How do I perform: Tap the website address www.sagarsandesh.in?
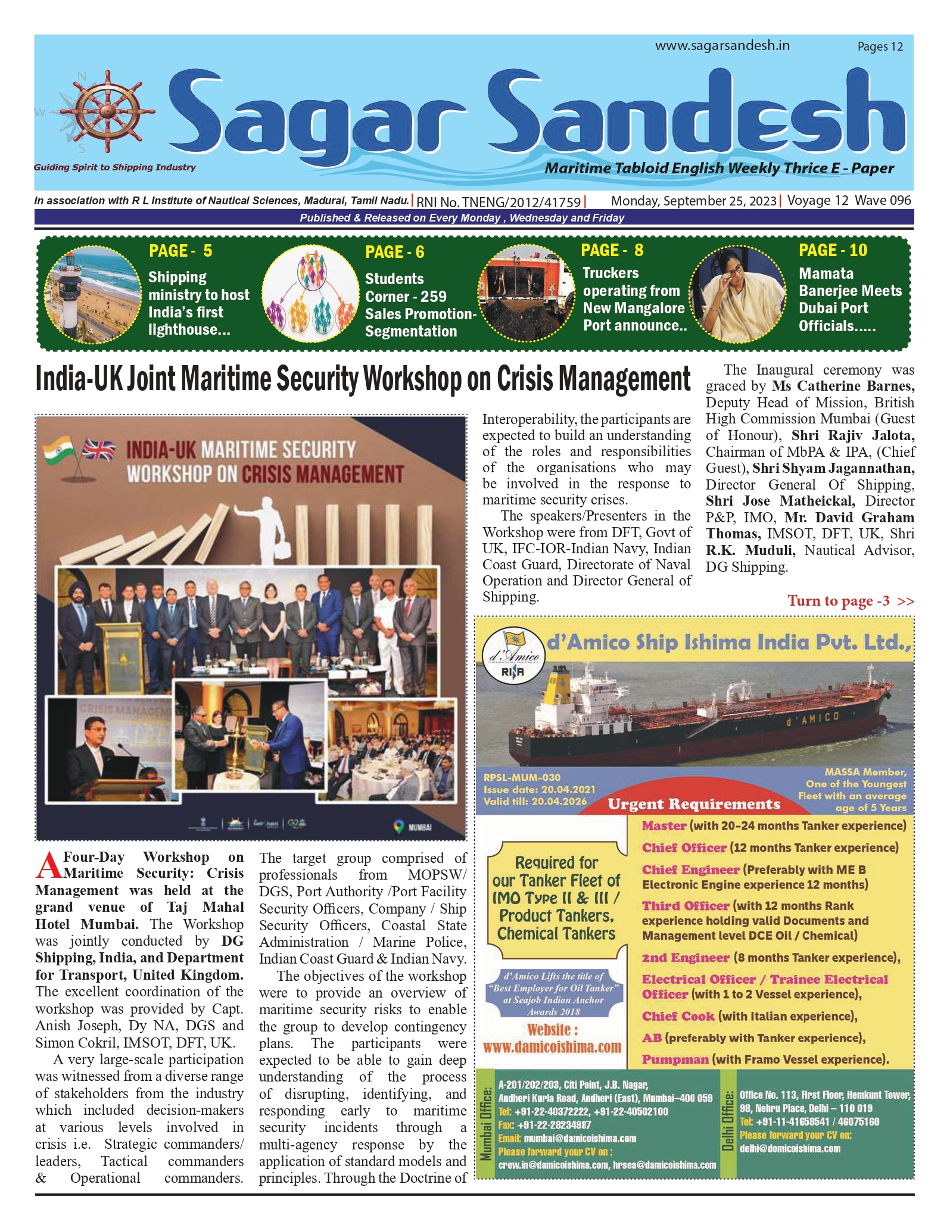722,46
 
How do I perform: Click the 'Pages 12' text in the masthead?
880,46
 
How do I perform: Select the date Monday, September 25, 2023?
693,201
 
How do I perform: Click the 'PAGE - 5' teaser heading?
180,251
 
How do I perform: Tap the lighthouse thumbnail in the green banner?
93,293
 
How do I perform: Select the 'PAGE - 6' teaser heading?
394,252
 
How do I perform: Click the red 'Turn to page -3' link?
850,600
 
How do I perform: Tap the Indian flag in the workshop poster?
58,450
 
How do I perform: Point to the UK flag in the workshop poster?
99,450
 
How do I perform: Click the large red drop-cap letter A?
48,866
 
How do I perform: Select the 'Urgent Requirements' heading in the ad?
693,804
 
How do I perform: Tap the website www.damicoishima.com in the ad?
552,1046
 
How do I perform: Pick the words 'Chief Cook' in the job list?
678,1016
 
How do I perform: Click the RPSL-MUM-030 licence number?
522,777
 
